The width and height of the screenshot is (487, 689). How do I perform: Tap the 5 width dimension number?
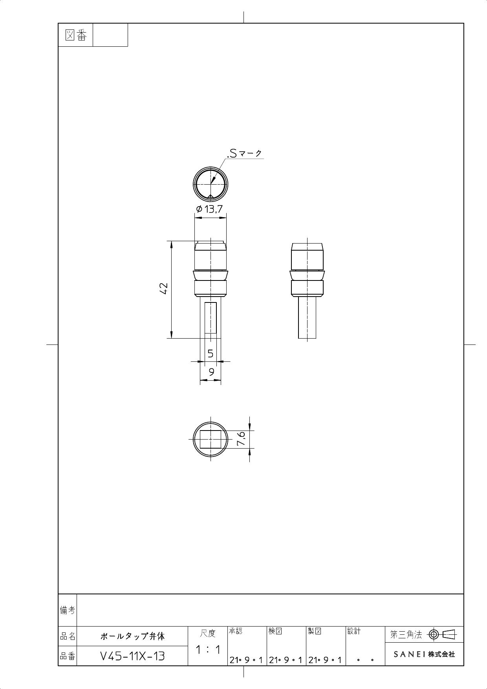211,354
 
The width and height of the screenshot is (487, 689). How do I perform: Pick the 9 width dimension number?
211,372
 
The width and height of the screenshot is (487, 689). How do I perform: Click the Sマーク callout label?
245,154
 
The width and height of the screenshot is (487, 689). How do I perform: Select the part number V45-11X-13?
132,656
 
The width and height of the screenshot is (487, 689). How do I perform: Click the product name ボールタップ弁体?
132,636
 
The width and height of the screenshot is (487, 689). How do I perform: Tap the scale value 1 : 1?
208,650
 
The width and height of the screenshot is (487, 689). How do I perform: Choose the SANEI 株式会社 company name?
424,654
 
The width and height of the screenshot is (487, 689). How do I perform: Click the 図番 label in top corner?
75,35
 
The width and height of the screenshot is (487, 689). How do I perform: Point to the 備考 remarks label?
68,610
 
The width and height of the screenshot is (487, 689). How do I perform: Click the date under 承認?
247,660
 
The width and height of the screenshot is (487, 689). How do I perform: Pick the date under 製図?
325,660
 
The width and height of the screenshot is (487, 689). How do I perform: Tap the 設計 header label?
354,631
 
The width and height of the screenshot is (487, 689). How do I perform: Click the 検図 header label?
275,631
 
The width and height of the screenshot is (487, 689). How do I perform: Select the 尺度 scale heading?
208,633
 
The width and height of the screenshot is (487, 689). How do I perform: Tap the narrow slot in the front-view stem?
211,318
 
